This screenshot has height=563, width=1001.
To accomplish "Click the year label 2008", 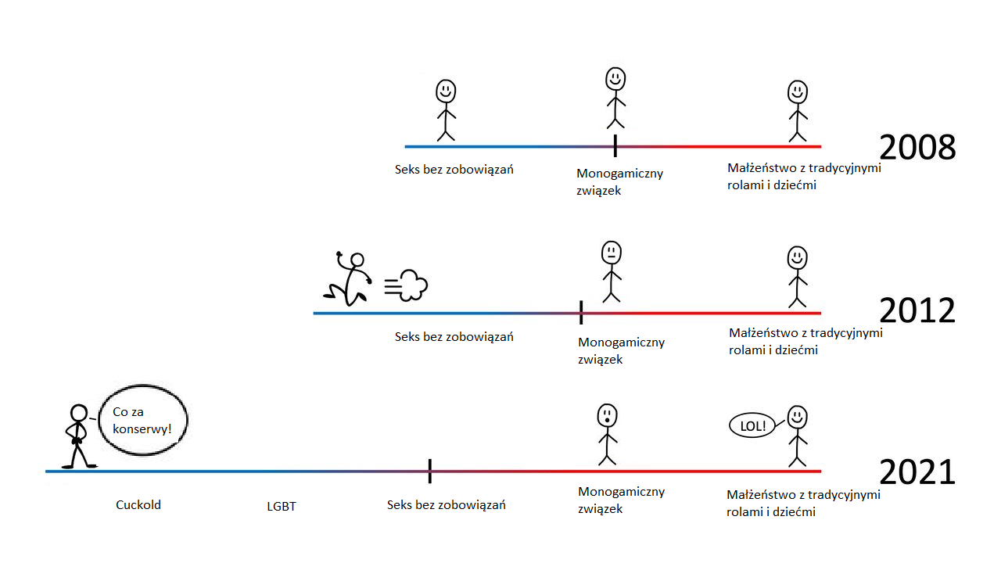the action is click(917, 148).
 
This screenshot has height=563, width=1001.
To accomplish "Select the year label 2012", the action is click(917, 311).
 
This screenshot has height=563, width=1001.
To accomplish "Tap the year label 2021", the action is click(917, 473).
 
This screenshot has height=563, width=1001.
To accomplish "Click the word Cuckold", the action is click(138, 505).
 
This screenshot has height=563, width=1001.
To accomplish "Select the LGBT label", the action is click(282, 507).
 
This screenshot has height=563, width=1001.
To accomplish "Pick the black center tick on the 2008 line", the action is click(615, 145).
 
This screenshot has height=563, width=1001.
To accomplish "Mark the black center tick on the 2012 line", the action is click(581, 312).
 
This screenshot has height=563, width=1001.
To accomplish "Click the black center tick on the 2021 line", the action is click(430, 472).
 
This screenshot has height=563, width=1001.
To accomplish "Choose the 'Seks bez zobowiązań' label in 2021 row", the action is click(446, 505).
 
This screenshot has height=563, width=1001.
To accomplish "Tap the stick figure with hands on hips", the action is click(78, 436).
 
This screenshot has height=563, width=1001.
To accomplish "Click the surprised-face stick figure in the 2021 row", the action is click(608, 434).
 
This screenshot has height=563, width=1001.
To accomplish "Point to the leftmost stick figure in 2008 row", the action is click(446, 110).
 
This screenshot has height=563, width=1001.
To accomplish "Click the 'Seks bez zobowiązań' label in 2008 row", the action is click(454, 169).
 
